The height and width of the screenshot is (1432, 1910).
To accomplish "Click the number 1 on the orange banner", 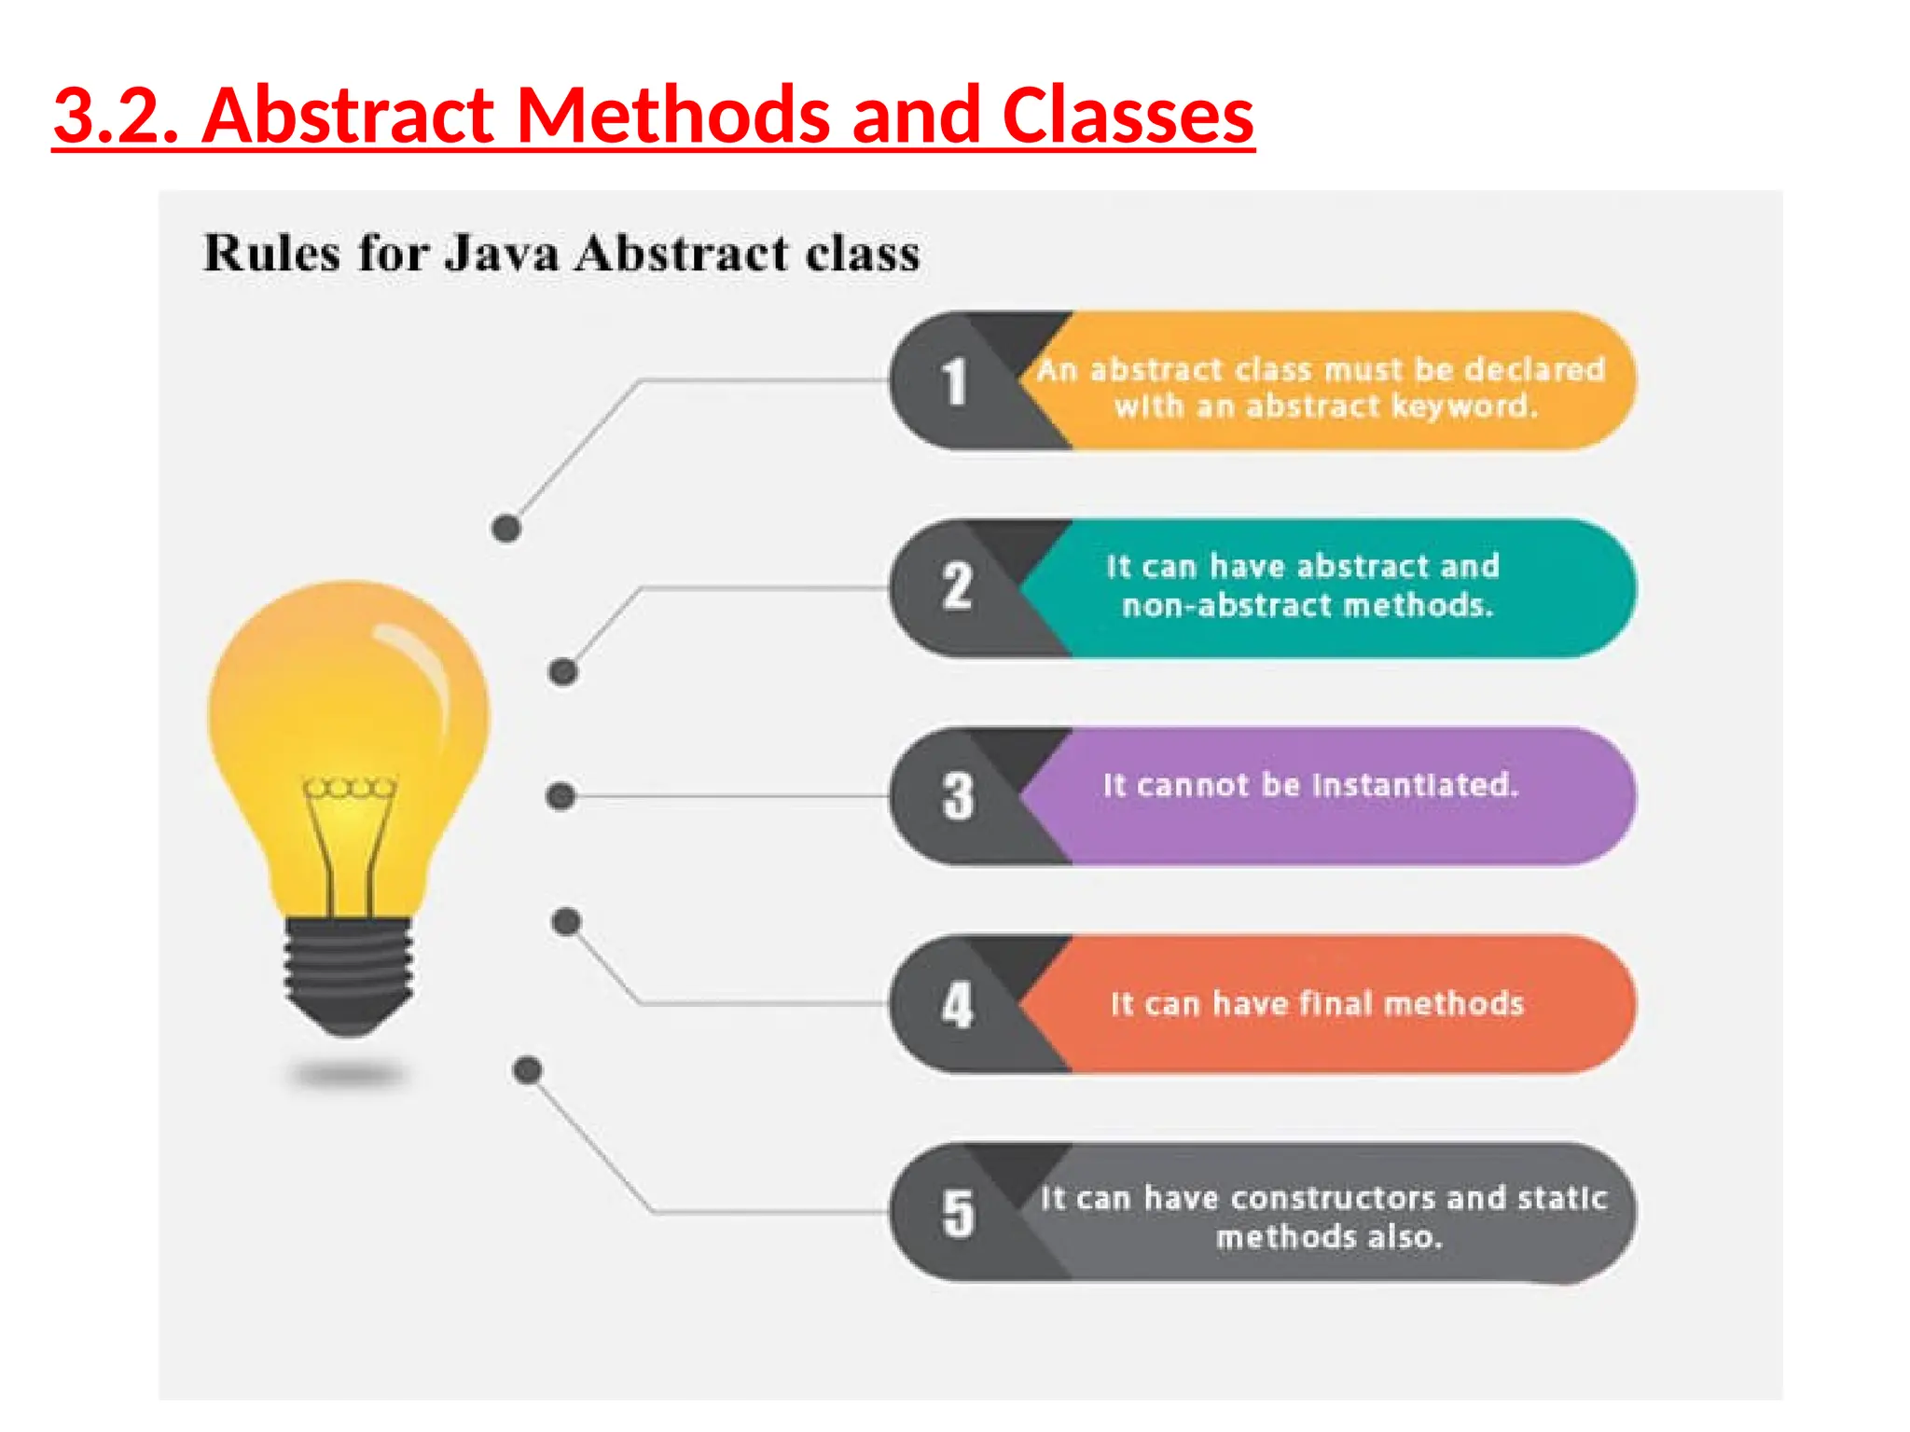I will [953, 382].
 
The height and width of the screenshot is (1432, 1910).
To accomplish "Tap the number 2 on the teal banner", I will [957, 587].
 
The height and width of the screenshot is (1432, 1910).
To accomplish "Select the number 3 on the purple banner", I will [958, 796].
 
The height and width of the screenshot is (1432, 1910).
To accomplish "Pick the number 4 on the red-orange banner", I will [957, 1005].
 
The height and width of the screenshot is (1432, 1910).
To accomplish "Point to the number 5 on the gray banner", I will [958, 1214].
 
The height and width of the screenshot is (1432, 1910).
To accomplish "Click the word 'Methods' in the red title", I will [671, 116].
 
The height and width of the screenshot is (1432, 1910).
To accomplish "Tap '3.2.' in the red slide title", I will [116, 116].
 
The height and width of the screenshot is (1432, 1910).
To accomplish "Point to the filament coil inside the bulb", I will [350, 789].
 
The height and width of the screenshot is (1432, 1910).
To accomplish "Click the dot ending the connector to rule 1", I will [505, 529].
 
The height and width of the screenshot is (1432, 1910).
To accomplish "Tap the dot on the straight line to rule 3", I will [560, 796].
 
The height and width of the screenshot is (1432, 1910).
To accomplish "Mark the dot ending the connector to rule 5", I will [528, 1069].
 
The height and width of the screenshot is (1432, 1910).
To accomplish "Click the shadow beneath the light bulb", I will [347, 1076].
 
